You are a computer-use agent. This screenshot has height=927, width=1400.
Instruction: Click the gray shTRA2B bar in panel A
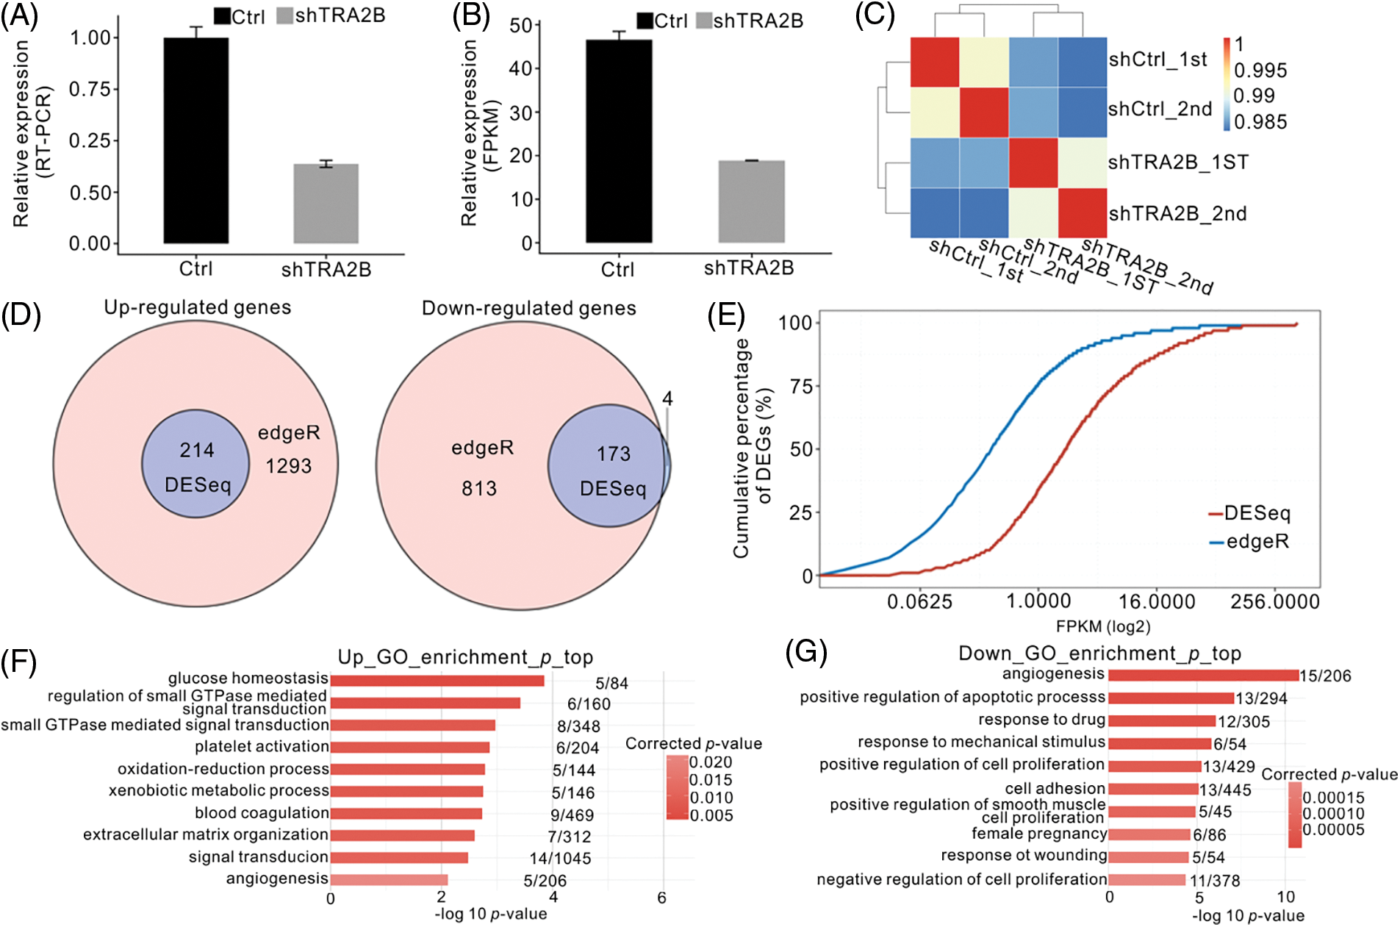point(326,204)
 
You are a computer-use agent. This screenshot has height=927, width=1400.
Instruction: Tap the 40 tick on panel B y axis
point(520,68)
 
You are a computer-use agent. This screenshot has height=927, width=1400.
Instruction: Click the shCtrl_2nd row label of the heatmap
point(1160,109)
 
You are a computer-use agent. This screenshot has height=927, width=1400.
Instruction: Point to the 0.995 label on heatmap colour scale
point(1260,71)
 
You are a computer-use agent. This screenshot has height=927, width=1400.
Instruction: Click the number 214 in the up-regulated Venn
point(197,450)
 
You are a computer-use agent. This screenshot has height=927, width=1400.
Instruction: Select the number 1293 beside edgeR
point(289,466)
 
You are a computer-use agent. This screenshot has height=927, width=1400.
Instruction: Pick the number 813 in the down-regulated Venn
point(479,489)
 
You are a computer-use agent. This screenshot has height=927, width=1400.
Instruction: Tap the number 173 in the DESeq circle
point(614,454)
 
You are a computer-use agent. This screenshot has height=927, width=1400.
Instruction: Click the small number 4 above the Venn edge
point(667,398)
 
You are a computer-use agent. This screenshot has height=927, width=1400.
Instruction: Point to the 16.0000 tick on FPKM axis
point(1157,602)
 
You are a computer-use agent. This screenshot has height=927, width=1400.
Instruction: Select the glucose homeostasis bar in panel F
point(437,681)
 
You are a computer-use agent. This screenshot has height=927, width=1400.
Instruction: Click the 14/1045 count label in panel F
point(560,858)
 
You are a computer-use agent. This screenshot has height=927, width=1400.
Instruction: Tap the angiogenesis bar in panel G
point(1203,675)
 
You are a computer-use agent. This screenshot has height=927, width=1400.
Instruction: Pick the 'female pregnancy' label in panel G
point(1038,834)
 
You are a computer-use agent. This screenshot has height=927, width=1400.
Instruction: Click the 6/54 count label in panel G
point(1230,744)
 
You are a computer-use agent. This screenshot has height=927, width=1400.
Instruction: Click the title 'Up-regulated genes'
point(197,307)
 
